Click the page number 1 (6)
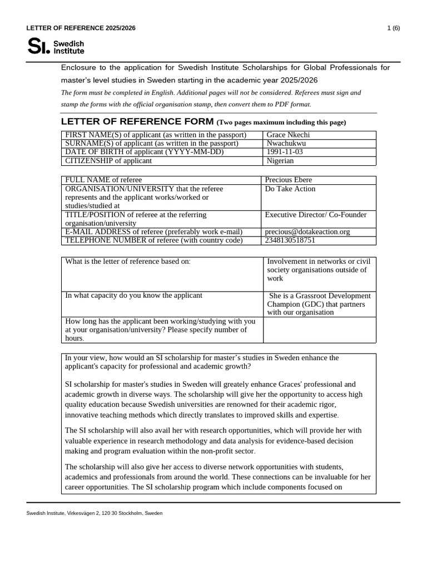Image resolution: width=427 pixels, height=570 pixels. [x=393, y=28]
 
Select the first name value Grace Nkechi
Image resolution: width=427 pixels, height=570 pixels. [x=288, y=135]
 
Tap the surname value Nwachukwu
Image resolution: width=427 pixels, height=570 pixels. [x=286, y=144]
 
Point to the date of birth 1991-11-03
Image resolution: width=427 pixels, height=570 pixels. [x=285, y=152]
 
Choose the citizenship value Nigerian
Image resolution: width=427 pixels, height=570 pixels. [x=280, y=161]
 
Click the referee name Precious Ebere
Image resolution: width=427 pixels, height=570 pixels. [x=289, y=180]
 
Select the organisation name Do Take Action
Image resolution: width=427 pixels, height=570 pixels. [x=290, y=189]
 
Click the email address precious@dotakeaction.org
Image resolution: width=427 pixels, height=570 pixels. [x=307, y=232]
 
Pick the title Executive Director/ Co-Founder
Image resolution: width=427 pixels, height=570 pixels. [x=316, y=215]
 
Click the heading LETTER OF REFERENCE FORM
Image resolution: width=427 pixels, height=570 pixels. [x=137, y=121]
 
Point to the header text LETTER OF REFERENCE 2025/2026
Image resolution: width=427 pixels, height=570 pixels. [x=81, y=28]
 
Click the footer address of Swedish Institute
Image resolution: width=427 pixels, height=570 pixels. [x=95, y=513]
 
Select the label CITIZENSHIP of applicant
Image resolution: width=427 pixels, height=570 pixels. [x=108, y=161]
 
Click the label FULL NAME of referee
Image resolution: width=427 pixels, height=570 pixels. [x=103, y=180]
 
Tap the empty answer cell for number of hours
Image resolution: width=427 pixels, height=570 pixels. [x=319, y=330]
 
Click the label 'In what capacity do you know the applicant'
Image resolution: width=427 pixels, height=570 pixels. [x=134, y=296]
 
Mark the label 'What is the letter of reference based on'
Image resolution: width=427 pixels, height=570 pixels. [x=128, y=262]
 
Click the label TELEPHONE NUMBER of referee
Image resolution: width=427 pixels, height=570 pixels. [x=154, y=240]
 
